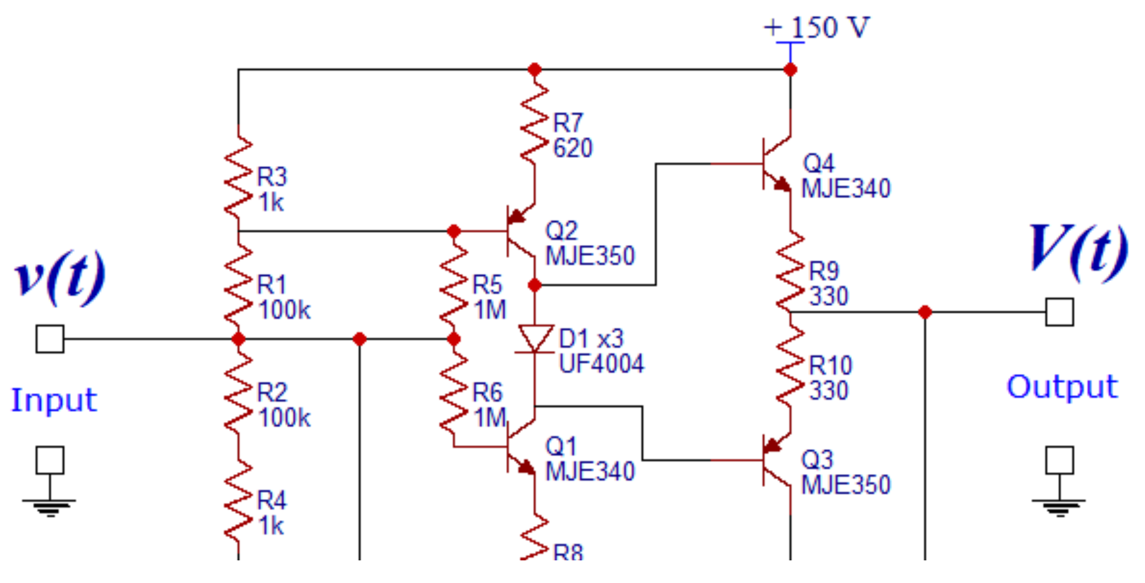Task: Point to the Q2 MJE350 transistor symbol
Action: point(520,231)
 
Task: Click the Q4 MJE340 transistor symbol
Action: point(776,164)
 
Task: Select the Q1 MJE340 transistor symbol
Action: point(520,447)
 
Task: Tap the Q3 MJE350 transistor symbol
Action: point(776,460)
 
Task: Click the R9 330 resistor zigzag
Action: point(790,272)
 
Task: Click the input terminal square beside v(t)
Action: point(50,339)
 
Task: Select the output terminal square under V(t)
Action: point(1060,312)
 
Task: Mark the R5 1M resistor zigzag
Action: point(454,285)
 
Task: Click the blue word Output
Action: point(1062,387)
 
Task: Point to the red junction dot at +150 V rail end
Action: point(790,70)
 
